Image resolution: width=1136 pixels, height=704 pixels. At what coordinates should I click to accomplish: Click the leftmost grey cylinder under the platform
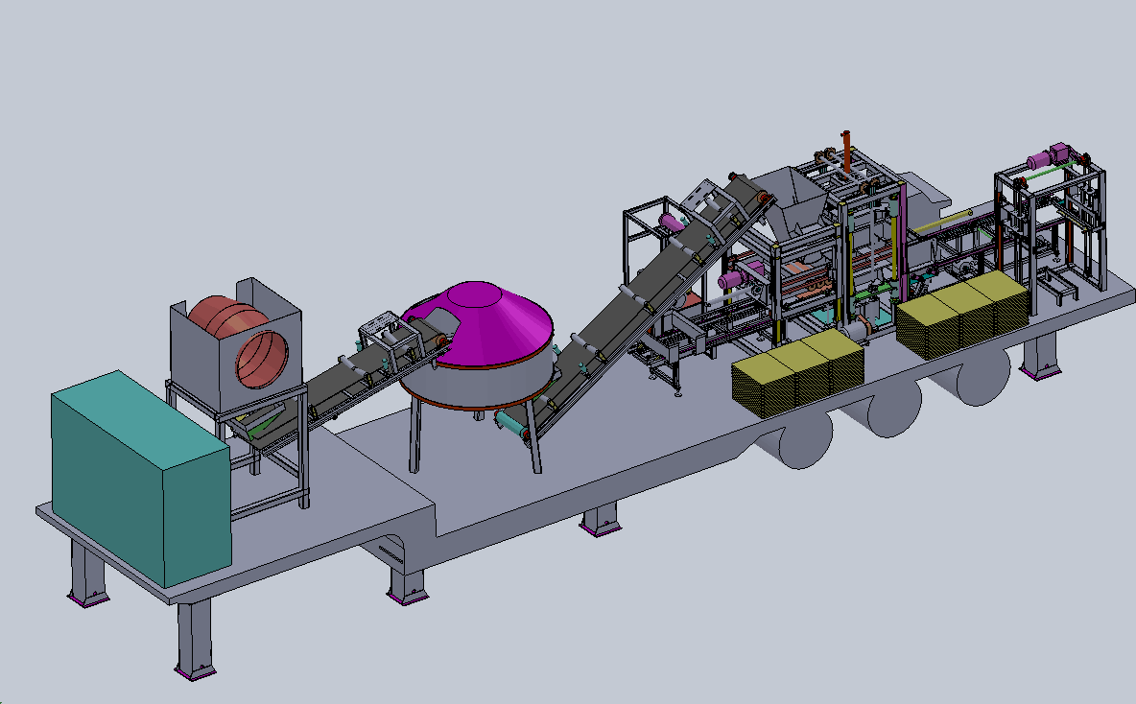tap(804, 444)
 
